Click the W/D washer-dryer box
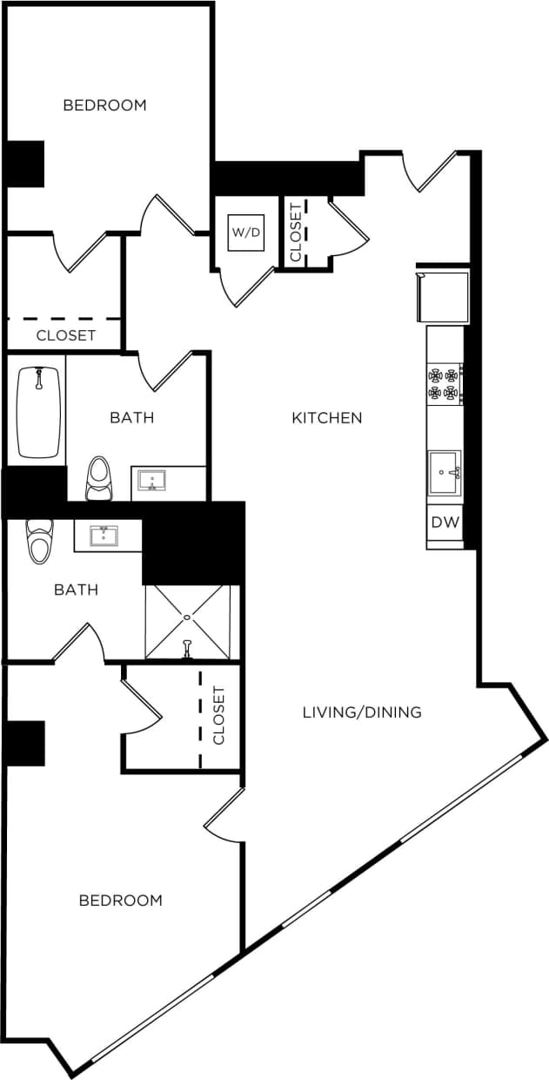[245, 233]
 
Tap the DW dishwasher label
[444, 523]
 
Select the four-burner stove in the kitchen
[444, 384]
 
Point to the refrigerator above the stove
[443, 297]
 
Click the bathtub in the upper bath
[38, 411]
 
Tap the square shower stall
[187, 622]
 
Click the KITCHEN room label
[326, 418]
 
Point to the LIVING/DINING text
[362, 712]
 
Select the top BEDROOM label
[104, 105]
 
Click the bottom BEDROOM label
[120, 901]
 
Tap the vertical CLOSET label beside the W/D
[295, 232]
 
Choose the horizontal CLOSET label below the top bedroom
[66, 335]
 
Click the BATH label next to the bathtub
[131, 418]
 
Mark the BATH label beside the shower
[76, 590]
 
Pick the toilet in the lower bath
[39, 541]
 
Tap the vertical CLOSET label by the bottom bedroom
[218, 715]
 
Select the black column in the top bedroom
[25, 164]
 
